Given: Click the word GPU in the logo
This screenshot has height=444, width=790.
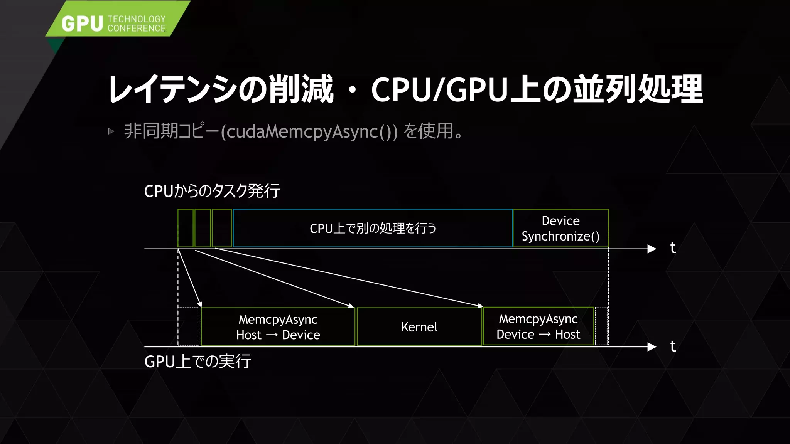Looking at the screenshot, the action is [82, 24].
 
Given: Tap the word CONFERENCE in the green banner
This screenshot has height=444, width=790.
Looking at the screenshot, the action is [137, 29].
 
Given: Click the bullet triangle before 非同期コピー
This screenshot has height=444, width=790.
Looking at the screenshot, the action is [111, 131].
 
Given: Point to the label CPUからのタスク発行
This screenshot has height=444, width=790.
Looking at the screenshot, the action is [212, 191].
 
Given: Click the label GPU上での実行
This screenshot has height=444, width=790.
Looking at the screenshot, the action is [197, 362].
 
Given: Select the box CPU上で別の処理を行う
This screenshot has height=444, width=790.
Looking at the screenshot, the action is [373, 228].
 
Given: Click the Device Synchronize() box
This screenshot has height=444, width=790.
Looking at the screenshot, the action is [560, 228].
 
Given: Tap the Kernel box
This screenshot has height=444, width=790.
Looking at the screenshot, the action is [419, 327].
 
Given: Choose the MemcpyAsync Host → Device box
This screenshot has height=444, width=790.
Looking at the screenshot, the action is [278, 327].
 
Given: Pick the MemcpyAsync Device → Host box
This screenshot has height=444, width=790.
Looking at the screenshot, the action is [538, 326].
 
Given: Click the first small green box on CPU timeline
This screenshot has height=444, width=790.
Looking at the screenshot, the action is [186, 228].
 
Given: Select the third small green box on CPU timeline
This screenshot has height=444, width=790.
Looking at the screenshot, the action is [222, 228].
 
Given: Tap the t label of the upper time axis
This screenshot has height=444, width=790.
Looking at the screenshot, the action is [673, 248].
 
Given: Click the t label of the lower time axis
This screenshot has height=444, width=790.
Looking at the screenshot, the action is [673, 346].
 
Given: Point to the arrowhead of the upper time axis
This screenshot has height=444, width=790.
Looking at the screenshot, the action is [652, 249].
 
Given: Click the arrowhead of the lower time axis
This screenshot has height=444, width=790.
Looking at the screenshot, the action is [652, 347].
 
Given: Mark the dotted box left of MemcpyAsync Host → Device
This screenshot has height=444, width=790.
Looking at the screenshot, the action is [189, 326].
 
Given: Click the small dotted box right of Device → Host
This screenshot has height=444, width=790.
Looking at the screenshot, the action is [601, 326].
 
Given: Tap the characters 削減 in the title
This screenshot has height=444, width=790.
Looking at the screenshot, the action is [301, 89].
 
